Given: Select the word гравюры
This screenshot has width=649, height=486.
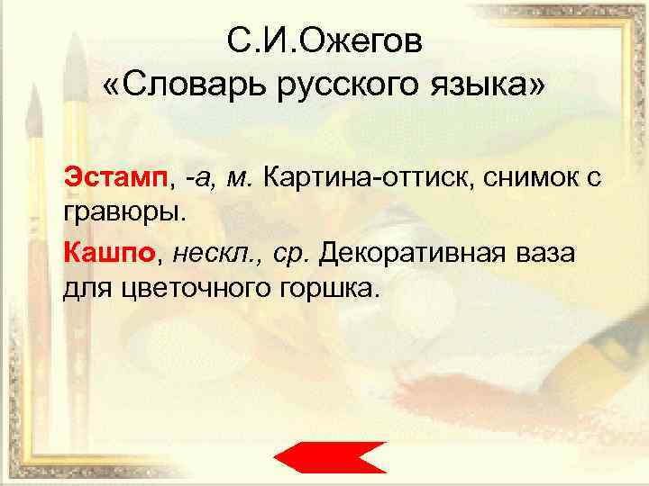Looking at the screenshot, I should (123, 212).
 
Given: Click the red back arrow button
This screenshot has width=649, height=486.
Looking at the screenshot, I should (330, 458).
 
